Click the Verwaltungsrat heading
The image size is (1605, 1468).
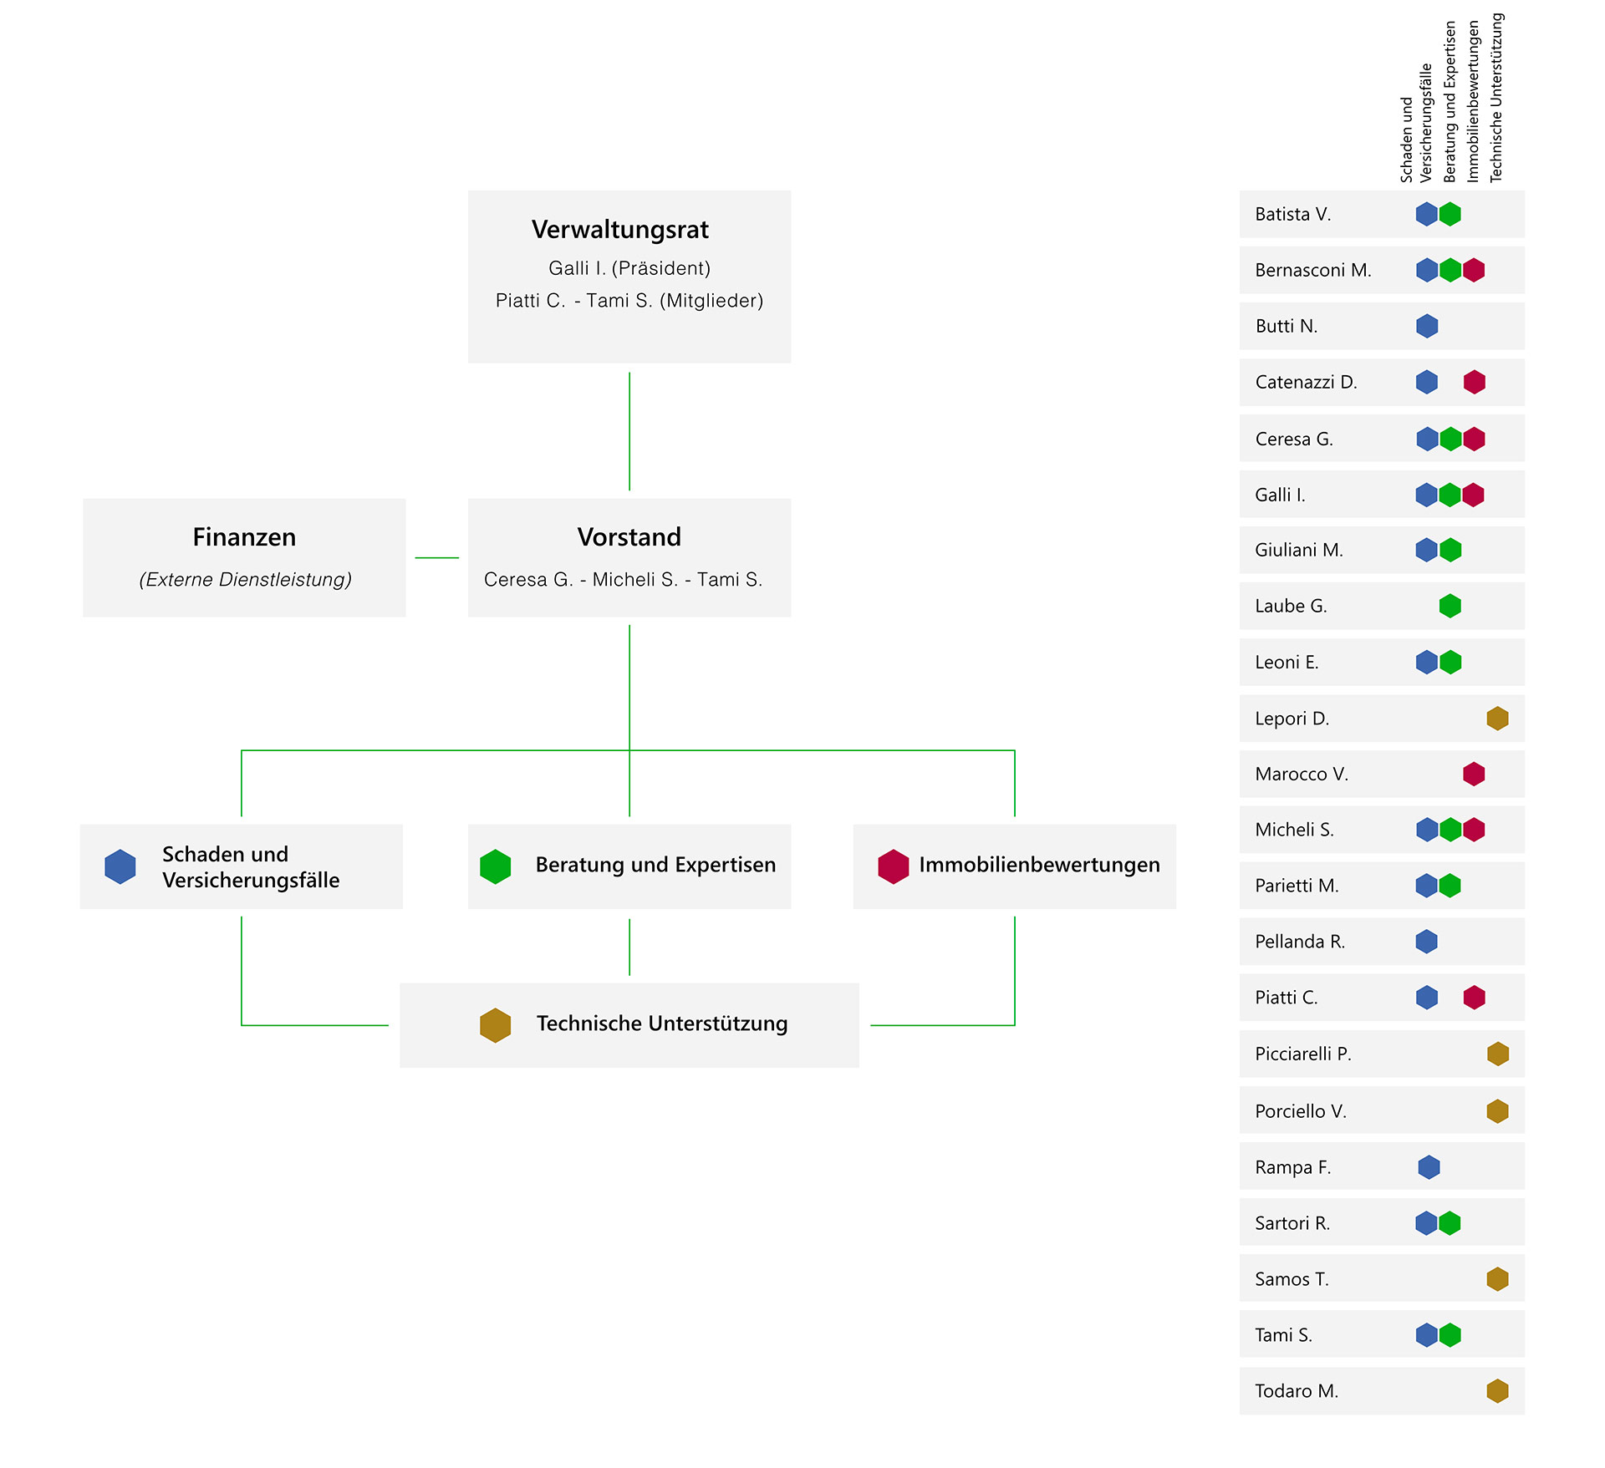tap(620, 230)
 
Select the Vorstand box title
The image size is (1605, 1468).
tap(629, 536)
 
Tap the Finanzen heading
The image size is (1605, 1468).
tap(244, 536)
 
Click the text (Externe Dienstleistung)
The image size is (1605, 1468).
tap(245, 579)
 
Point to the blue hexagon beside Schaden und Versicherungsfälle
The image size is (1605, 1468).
tap(120, 866)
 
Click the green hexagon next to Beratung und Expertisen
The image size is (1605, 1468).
tap(496, 866)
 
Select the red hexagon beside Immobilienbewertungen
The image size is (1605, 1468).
tap(894, 866)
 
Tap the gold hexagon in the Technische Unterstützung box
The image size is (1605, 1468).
tap(496, 1025)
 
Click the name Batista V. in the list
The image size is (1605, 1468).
tap(1293, 214)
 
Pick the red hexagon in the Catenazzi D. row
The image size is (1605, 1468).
tap(1475, 382)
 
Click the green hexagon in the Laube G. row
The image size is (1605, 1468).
tap(1450, 606)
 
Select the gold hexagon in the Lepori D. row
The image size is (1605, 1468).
tap(1498, 718)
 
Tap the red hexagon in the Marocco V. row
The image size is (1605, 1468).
tap(1475, 774)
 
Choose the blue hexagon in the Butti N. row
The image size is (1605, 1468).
tap(1427, 326)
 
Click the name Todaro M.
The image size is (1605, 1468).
tap(1297, 1391)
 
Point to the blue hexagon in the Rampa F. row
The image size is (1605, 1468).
tap(1429, 1167)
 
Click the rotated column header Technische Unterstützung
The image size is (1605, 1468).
tap(1496, 98)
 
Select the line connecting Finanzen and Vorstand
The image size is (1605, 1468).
tap(437, 557)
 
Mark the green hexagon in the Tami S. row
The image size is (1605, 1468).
tap(1450, 1335)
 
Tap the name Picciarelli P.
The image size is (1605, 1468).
tap(1303, 1054)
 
